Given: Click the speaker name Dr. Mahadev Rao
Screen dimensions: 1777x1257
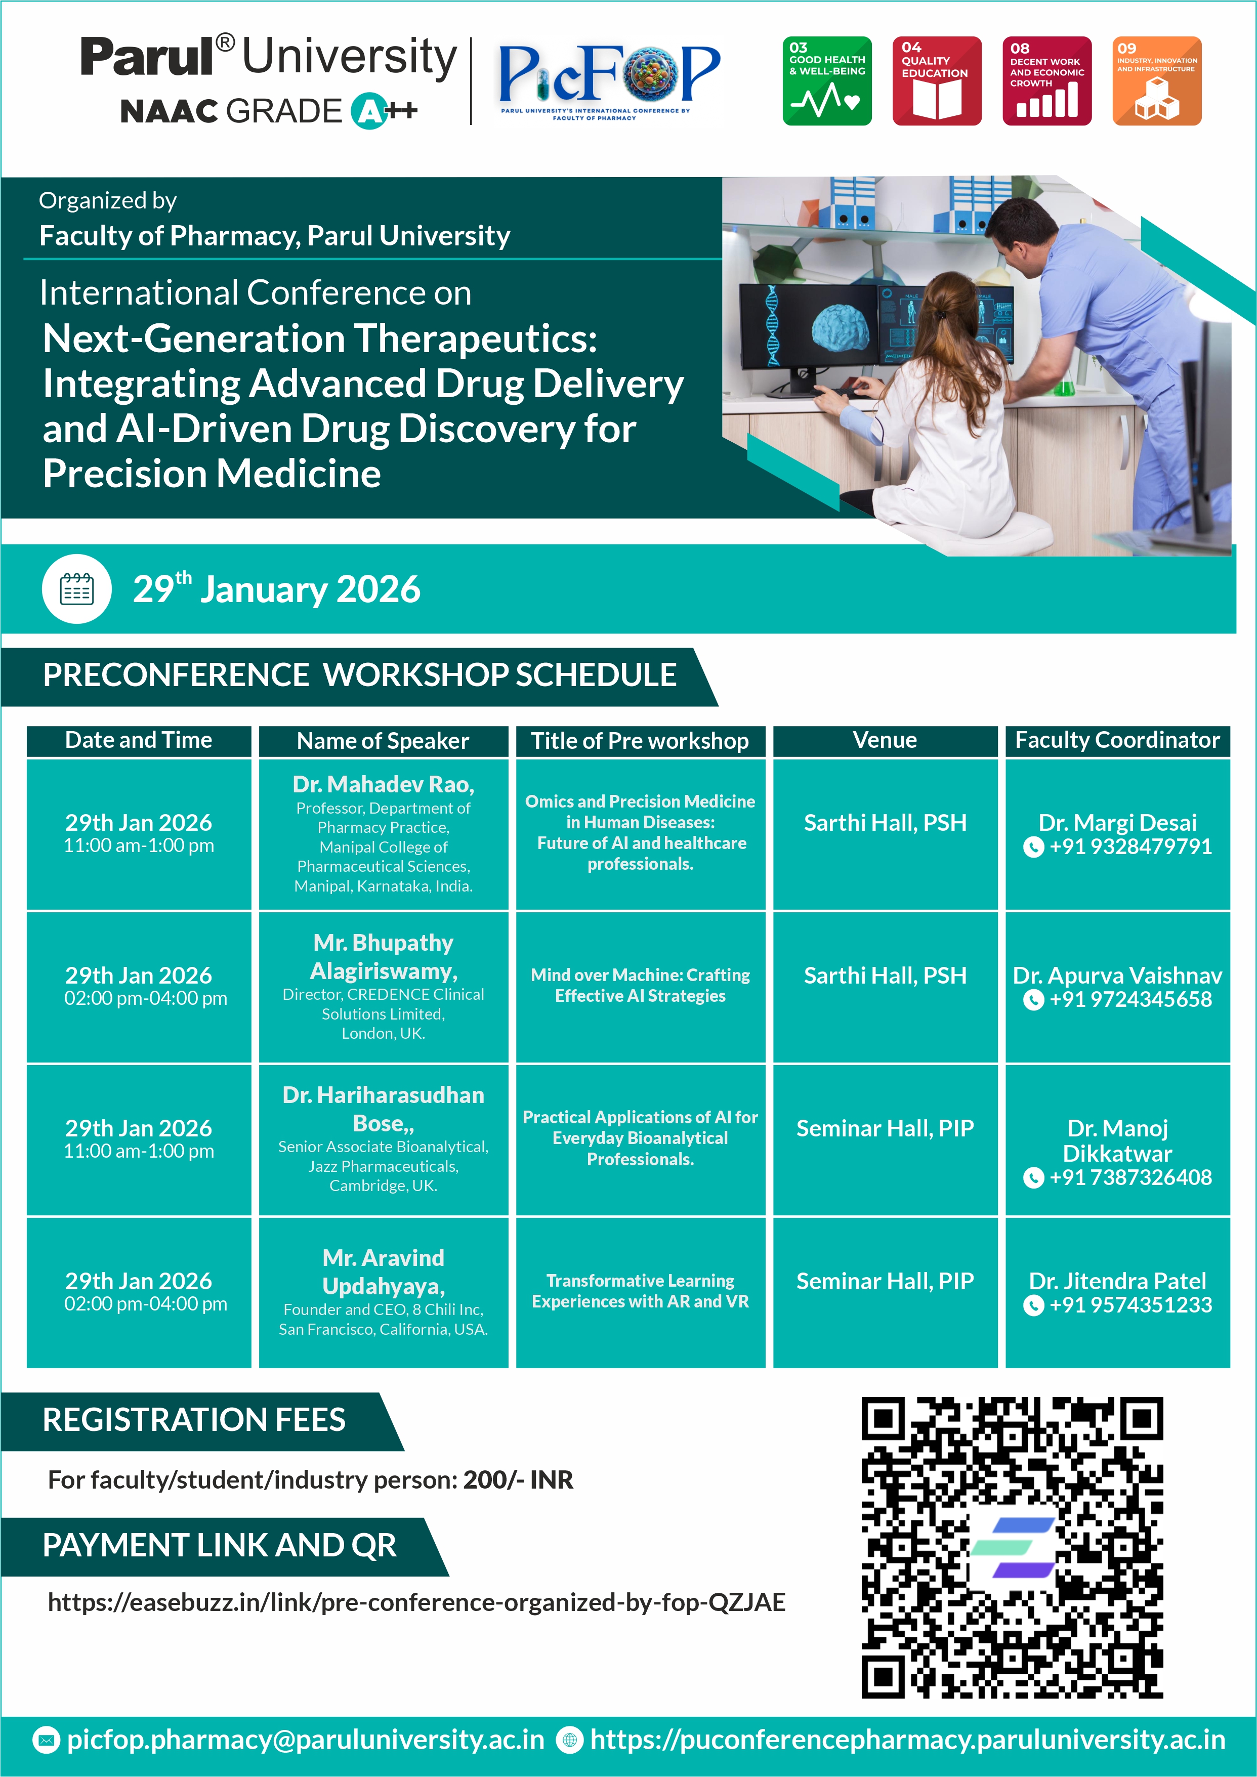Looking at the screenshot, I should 383,785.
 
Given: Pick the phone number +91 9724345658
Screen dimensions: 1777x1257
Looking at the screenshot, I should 1130,1000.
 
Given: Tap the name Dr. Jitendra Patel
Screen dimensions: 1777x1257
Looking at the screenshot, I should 1117,1281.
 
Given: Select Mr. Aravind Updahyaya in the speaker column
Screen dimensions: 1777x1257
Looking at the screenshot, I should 383,1272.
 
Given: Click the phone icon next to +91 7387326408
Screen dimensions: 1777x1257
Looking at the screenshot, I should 1033,1178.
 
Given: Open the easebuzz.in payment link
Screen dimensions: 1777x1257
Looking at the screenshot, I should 416,1602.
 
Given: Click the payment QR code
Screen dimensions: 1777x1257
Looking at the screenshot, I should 1012,1548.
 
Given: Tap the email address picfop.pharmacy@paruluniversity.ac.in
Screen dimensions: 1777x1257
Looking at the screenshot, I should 305,1740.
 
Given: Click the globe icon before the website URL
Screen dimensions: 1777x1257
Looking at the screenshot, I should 570,1741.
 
